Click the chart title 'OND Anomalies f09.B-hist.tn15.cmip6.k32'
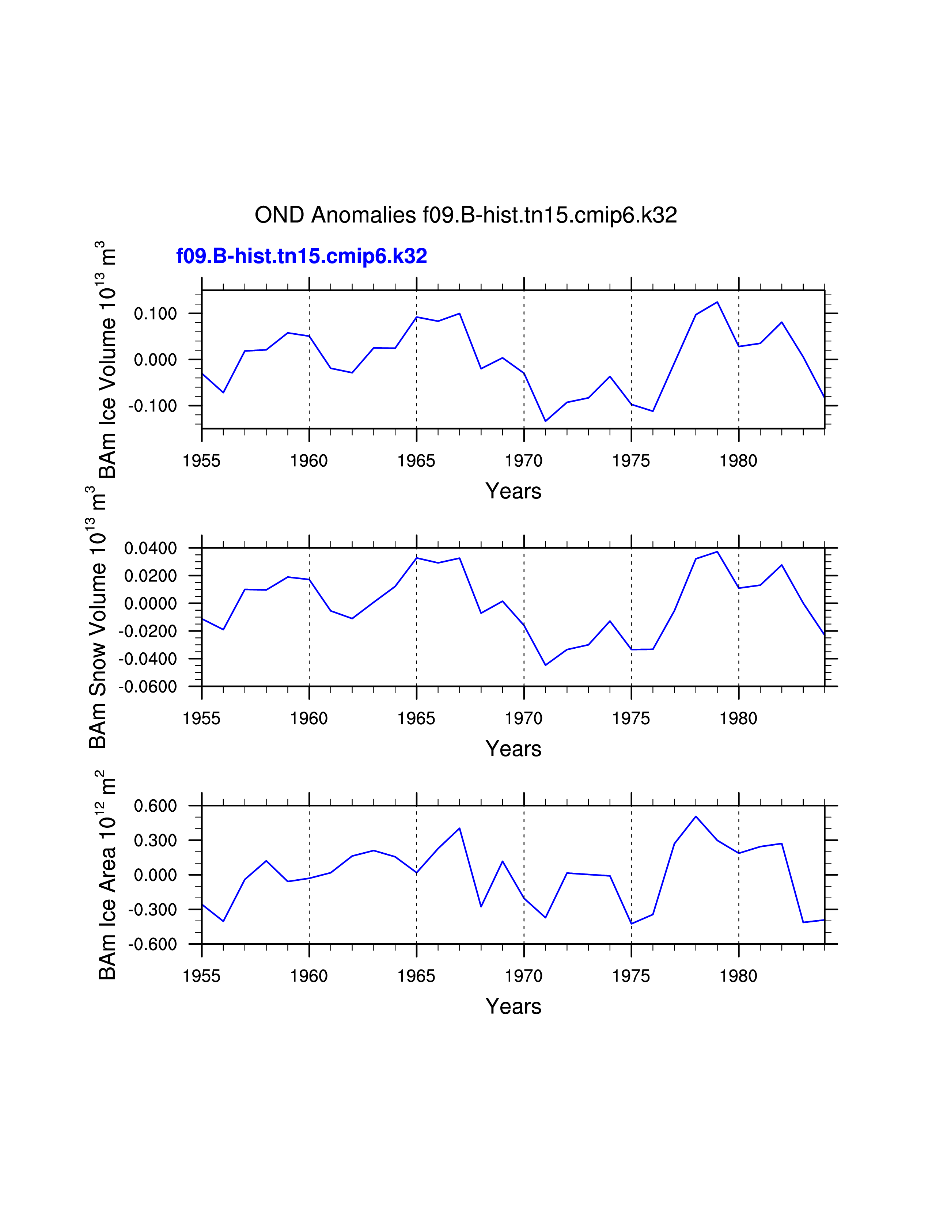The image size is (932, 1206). [x=465, y=215]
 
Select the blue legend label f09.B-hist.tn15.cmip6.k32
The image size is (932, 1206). [x=302, y=256]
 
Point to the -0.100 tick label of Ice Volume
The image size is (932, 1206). [x=152, y=406]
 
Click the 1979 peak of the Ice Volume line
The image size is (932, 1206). [x=717, y=302]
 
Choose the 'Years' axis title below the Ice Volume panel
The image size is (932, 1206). [x=514, y=491]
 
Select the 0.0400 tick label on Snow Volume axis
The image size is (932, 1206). [x=150, y=548]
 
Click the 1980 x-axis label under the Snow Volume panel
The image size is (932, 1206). [x=738, y=718]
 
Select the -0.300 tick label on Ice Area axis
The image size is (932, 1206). [x=152, y=910]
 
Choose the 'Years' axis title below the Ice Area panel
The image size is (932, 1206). [x=514, y=1006]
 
